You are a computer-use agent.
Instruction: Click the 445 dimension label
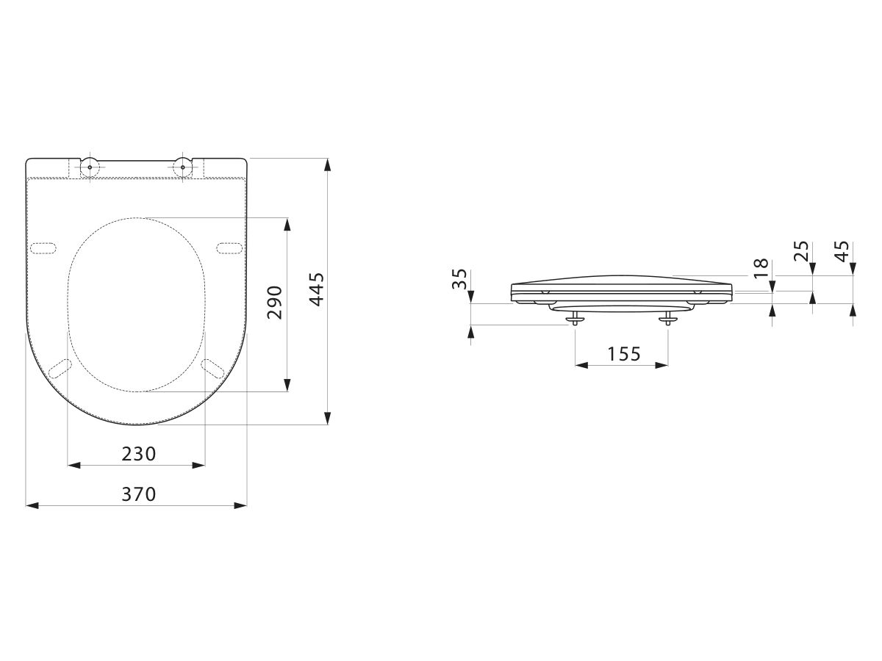pos(318,289)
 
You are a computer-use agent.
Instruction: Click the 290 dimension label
pos(275,302)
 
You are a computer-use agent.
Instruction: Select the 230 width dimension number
pos(139,454)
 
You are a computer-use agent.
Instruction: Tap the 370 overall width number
pos(139,494)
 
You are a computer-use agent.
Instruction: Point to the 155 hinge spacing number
pos(623,354)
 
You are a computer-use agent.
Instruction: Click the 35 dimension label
pos(459,279)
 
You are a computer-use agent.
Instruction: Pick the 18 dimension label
pos(761,269)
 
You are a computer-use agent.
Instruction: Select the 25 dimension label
pos(801,251)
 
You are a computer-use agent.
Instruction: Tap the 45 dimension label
pos(842,251)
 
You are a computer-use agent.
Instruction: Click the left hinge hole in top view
pos(90,167)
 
